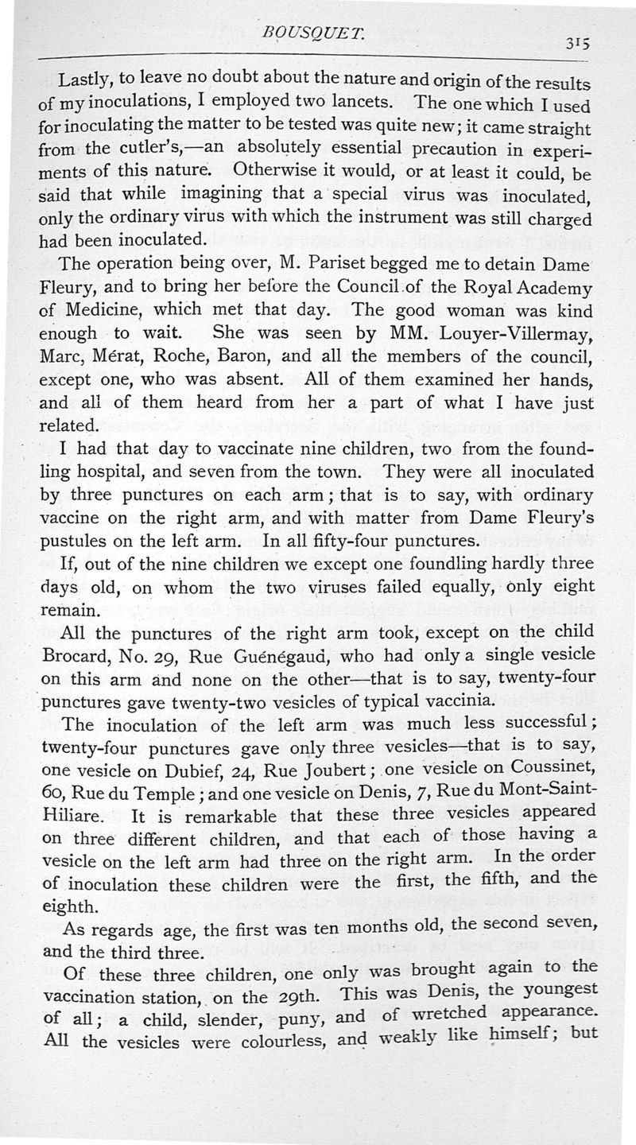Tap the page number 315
[572, 46]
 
